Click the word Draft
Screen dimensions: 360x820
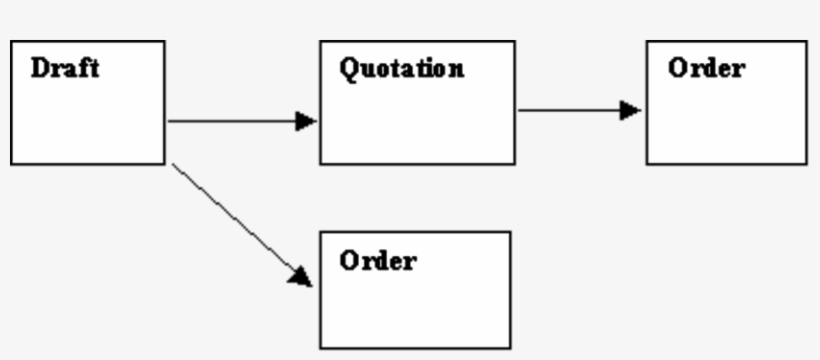(x=65, y=69)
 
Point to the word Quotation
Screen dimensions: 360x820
(x=401, y=69)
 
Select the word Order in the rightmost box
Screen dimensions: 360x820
(x=706, y=69)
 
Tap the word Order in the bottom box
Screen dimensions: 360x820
(x=378, y=261)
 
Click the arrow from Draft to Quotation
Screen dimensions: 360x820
(x=240, y=121)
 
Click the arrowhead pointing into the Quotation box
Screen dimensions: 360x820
(x=306, y=121)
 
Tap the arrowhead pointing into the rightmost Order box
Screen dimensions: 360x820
(x=631, y=109)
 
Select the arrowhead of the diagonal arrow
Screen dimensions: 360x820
(x=301, y=275)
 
